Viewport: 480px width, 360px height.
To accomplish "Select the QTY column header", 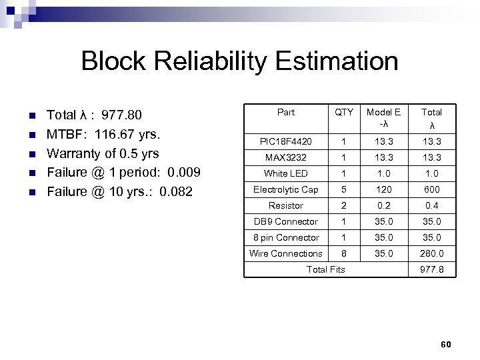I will click(344, 112).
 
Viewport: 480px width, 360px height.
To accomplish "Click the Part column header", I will click(285, 112).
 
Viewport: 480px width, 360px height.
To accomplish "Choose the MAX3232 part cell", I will click(285, 157).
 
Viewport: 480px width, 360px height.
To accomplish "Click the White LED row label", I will click(285, 173).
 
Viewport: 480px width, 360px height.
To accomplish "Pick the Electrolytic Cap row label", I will click(285, 189).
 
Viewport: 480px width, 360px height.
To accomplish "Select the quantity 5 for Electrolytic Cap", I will click(344, 189).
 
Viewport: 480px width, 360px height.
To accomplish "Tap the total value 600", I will click(432, 189).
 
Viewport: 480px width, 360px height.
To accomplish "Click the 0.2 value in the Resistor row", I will click(384, 205).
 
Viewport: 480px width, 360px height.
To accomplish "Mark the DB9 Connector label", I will click(285, 221).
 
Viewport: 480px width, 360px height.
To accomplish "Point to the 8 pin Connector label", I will click(285, 237).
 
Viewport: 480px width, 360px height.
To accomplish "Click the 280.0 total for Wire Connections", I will click(432, 253).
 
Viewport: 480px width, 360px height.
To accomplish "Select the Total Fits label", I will click(325, 269).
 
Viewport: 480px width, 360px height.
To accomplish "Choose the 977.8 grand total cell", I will click(432, 269).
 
